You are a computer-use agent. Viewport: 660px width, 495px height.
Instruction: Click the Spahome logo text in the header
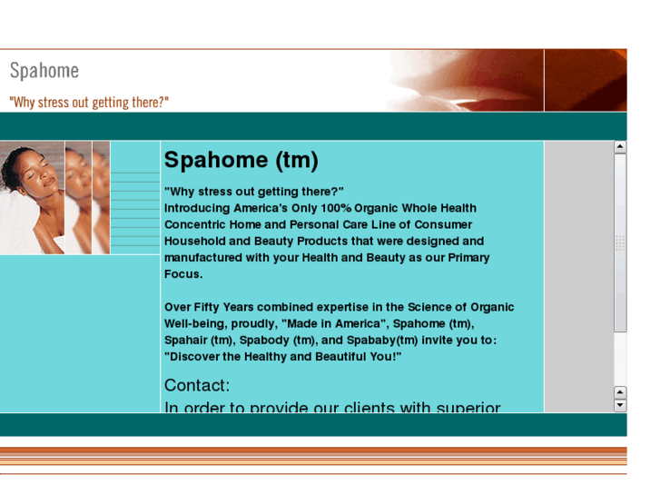point(44,71)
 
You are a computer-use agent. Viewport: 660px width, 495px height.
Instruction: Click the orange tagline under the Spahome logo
point(89,102)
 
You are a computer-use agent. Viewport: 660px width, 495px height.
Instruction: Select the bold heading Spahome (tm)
point(241,161)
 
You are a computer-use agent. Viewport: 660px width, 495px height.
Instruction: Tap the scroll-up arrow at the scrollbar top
point(620,146)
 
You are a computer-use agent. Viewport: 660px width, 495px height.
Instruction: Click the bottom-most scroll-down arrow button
point(620,405)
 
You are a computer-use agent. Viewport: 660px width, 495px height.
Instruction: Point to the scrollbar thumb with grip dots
point(620,243)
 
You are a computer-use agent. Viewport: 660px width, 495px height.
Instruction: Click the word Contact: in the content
point(197,385)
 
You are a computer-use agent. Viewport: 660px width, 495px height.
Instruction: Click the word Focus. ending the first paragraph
point(183,273)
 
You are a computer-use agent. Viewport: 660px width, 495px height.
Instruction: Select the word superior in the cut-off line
point(468,408)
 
